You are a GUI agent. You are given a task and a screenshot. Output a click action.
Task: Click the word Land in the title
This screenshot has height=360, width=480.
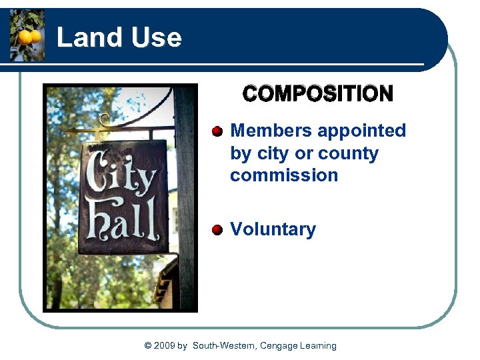point(83,38)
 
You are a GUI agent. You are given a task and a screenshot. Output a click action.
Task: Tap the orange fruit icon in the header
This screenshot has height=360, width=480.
point(27,37)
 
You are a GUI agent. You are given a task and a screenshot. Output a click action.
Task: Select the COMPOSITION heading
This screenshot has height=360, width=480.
point(318,93)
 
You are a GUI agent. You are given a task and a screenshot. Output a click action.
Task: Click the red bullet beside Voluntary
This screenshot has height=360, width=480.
point(217,230)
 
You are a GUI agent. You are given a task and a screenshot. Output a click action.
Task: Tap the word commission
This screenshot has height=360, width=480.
point(284,175)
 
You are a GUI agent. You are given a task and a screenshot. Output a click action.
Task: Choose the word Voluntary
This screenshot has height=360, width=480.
point(273,229)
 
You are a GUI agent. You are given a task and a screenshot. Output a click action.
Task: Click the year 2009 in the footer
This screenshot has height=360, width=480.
point(165,346)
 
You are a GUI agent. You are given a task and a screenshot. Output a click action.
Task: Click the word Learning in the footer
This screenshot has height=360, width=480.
point(318,346)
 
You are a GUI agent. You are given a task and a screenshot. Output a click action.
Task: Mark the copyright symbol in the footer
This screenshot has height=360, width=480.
point(148,346)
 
